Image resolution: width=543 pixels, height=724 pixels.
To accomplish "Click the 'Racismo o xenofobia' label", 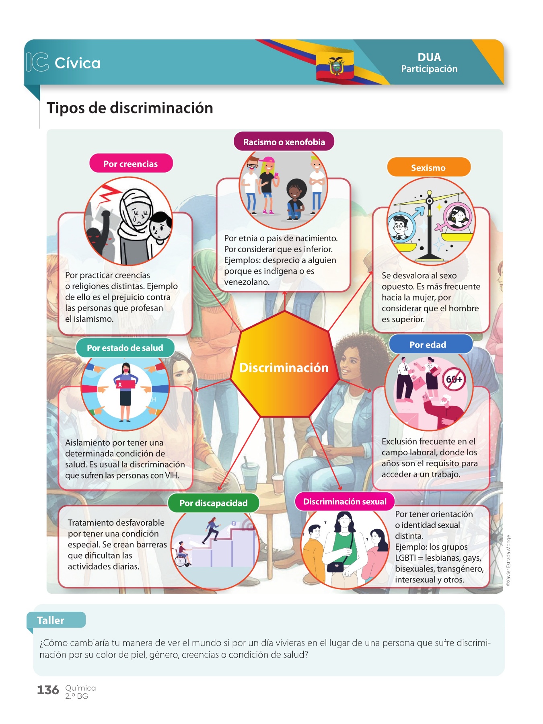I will coord(284,142).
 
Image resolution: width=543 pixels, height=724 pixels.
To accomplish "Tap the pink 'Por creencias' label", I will coord(131,164).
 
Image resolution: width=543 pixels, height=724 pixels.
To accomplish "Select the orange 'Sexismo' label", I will coord(428,168).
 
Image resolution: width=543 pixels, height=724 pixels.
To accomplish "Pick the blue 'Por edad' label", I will coord(428,345).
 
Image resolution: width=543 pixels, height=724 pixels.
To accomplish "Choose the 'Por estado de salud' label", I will coord(125,348).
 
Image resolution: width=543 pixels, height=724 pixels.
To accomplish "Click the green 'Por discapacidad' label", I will coord(214,503).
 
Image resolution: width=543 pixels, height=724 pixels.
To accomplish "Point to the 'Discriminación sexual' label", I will coord(345,502).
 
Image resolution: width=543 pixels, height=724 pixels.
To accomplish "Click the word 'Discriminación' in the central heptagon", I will coord(284,368).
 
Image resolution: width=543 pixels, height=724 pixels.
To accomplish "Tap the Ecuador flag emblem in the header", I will coord(335,66).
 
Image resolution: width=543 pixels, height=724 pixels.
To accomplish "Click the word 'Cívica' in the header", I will coord(78,63).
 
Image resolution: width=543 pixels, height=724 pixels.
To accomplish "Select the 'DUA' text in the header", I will coord(429,57).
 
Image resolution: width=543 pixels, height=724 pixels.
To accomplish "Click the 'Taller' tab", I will coord(51,620).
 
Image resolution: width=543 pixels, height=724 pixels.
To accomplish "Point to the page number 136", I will coord(48,690).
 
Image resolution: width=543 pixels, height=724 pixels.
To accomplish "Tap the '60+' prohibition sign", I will coord(454,379).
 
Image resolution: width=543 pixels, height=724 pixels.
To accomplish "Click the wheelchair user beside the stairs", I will coord(183,555).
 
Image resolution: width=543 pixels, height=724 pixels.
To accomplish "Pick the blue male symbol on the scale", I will coord(418,212).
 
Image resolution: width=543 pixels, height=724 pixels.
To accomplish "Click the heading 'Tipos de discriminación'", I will coord(130,108).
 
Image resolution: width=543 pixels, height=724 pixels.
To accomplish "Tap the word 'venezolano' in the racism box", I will coord(247,282).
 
